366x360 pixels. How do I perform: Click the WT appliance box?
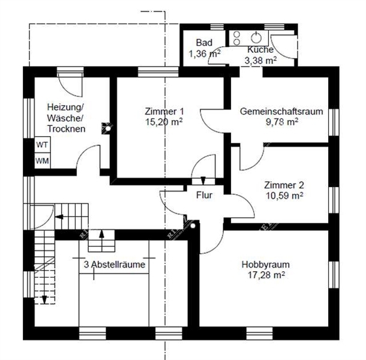42,145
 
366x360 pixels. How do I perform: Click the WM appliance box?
42,161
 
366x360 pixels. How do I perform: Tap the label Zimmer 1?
164,112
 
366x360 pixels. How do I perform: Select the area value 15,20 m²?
164,121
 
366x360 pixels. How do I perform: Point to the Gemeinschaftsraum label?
281,112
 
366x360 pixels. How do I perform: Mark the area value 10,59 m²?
284,195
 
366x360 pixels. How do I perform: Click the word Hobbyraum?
265,264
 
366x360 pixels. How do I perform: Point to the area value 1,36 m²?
204,53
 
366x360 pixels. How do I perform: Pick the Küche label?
260,50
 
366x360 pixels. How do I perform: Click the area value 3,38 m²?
260,60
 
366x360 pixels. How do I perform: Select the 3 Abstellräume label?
115,264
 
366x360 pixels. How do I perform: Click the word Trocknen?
66,129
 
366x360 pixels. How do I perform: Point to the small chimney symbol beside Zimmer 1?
107,127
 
